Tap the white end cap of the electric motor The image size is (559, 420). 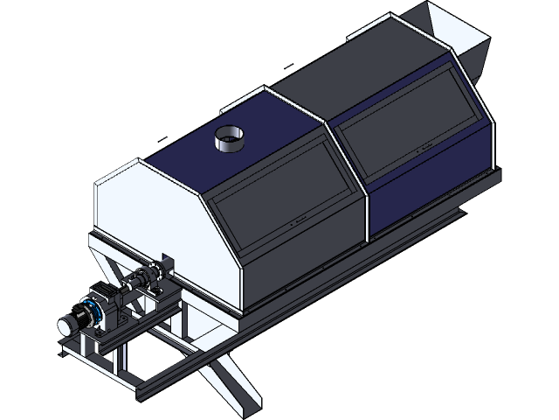[66, 325]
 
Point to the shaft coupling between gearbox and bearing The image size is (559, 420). [140, 281]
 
